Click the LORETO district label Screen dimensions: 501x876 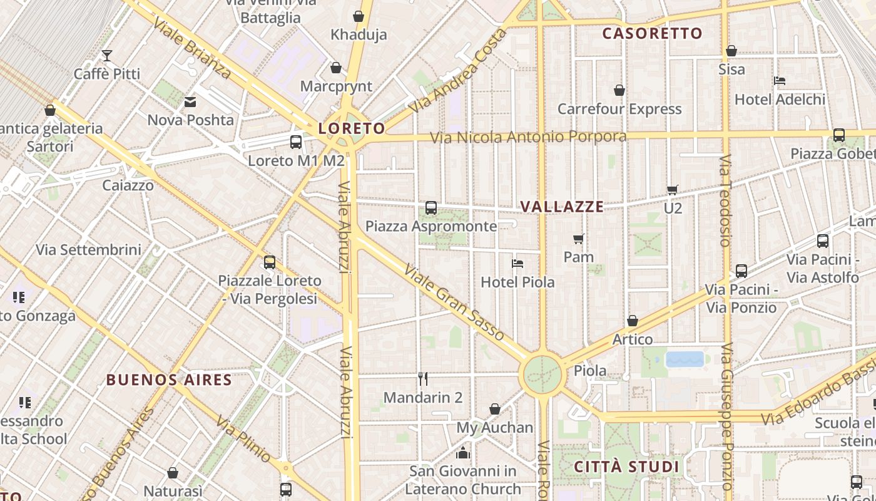352,129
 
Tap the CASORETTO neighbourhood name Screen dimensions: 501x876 652,34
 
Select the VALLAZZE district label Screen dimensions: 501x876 562,207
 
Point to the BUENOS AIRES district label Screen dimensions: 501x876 169,380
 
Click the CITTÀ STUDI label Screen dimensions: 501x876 626,467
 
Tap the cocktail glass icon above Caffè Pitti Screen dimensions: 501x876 107,56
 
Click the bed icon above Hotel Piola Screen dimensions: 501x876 517,264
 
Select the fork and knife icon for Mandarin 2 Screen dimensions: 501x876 423,378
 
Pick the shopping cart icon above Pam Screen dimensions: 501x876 579,239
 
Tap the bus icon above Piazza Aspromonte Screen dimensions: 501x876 431,208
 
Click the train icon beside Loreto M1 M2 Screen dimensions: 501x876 296,142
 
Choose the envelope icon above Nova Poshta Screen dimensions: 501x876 190,101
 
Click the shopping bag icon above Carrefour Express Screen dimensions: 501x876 619,91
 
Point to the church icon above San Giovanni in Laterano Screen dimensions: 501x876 463,452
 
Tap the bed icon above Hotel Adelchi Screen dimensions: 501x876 780,81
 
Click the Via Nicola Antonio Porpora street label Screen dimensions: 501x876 529,137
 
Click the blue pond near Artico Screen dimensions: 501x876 685,359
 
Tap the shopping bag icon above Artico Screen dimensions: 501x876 633,321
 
